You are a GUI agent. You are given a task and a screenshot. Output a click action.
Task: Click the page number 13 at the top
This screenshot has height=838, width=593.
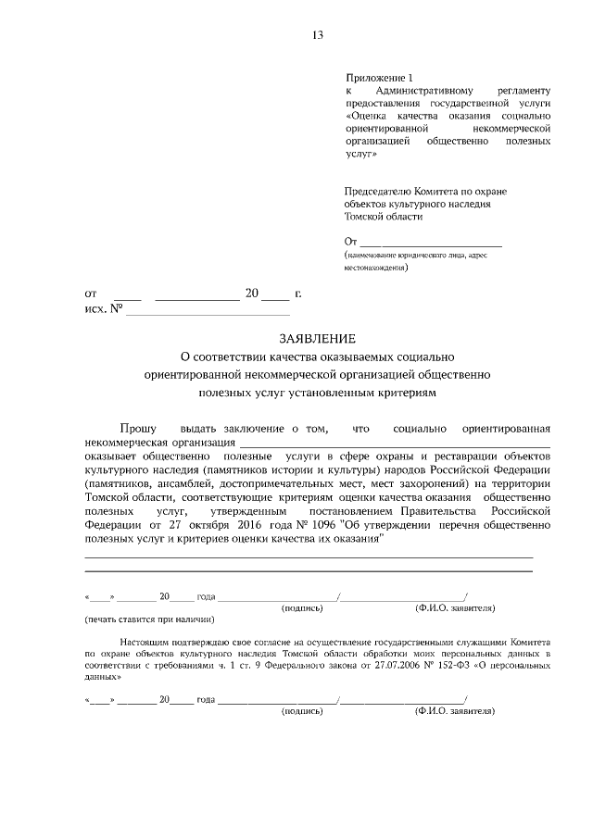[x=318, y=35]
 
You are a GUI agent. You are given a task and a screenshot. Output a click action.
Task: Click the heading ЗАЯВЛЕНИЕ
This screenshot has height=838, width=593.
[x=317, y=339]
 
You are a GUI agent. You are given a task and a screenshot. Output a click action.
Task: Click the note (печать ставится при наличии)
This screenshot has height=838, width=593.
[x=149, y=619]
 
